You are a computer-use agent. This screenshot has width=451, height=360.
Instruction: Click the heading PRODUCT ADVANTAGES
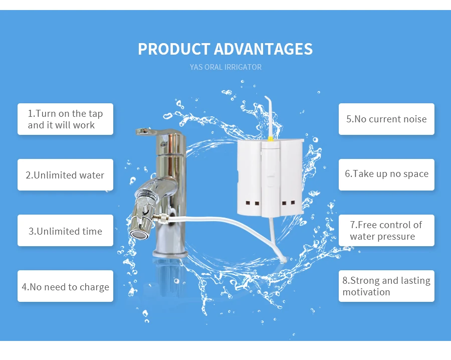(x=225, y=49)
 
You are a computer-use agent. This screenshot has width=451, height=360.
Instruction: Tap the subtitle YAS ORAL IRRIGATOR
(x=225, y=67)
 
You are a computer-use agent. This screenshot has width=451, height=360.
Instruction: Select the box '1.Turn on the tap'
(x=65, y=119)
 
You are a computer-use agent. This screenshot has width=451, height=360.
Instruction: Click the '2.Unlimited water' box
(x=65, y=175)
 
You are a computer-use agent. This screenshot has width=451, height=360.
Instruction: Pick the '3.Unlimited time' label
(x=65, y=231)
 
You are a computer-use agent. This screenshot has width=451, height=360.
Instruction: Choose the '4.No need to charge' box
(x=65, y=287)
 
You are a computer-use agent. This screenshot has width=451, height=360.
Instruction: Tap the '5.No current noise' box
(x=386, y=119)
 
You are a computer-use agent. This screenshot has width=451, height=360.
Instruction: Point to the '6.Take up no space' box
(x=386, y=174)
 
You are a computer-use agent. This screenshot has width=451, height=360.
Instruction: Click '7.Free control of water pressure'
(x=386, y=231)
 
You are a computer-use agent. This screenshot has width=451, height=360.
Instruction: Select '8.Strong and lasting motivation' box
(x=386, y=286)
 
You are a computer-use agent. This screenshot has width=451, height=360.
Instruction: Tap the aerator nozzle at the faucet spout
(x=136, y=233)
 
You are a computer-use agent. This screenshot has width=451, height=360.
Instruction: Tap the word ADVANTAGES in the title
(x=263, y=49)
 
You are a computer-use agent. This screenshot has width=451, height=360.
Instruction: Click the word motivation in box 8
(x=366, y=292)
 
